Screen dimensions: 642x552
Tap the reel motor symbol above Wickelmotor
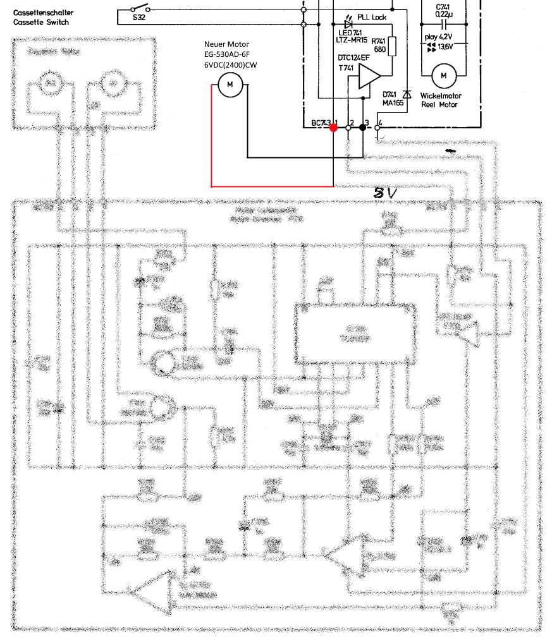pos(443,76)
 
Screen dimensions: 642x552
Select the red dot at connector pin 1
pos(333,127)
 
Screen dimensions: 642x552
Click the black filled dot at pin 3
pos(363,127)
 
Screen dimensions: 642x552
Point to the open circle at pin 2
pos(348,127)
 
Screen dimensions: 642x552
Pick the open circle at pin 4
pos(377,127)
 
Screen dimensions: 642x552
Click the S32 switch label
pos(139,18)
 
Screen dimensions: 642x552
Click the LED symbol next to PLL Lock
pos(348,24)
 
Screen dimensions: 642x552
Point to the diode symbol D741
pos(407,94)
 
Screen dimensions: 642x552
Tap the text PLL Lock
pos(372,17)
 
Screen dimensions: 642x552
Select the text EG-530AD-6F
pos(226,55)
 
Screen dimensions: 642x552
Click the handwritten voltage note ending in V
pos(385,193)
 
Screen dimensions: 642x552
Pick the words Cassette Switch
pos(41,22)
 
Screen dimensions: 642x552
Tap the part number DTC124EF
pos(353,58)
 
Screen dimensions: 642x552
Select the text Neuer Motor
pos(223,44)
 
